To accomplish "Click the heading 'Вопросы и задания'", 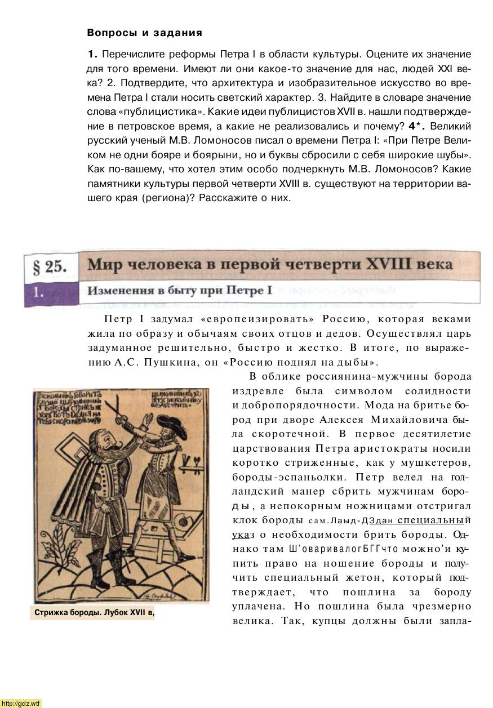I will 144,33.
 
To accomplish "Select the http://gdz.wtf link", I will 21,703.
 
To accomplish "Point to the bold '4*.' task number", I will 417,126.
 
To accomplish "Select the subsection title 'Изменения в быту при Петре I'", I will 179,291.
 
